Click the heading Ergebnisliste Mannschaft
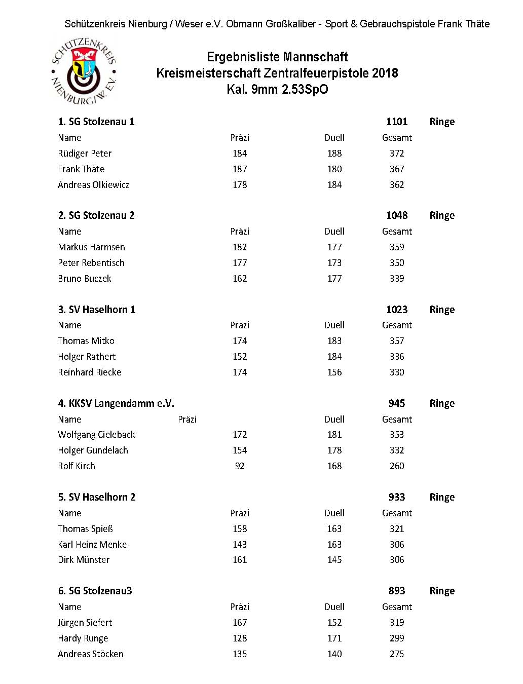point(277,57)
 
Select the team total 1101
point(397,122)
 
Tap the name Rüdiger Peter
point(85,154)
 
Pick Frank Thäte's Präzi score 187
point(240,169)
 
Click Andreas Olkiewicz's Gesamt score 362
point(397,185)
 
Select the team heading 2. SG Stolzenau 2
point(96,215)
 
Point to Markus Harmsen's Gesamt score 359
point(397,247)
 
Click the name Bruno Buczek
point(85,279)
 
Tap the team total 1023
point(397,310)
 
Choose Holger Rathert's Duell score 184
point(334,357)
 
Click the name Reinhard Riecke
point(90,372)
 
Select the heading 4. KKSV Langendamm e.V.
point(116,403)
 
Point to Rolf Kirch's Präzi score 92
point(240,466)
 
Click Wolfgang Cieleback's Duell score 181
point(334,435)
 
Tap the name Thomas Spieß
point(85,529)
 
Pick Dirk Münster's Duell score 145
point(334,560)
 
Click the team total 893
point(397,591)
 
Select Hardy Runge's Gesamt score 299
point(397,638)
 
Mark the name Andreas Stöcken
point(91,654)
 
